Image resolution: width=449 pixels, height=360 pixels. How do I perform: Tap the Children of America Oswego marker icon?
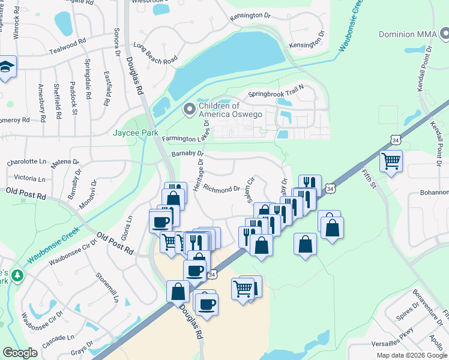tap(190, 109)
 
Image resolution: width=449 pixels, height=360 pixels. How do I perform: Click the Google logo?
tap(20, 353)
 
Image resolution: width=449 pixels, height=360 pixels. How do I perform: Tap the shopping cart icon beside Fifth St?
tap(391, 160)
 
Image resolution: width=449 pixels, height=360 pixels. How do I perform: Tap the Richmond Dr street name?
tap(221, 190)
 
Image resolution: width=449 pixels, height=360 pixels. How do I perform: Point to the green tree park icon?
tap(18, 276)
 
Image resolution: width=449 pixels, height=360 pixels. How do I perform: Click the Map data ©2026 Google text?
tap(412, 355)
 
